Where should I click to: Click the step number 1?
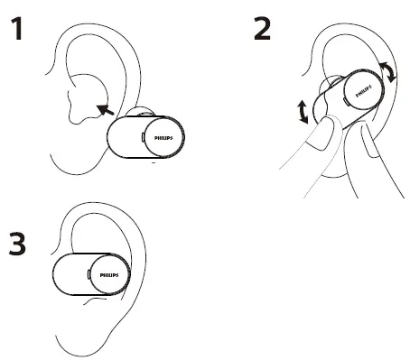pos(16,31)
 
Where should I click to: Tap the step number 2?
pos(262,30)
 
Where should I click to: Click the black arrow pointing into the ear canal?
pos(105,110)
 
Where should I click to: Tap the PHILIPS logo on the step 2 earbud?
pos(362,90)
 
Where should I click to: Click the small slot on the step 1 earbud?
pos(144,135)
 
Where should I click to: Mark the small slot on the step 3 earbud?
pos(88,272)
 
